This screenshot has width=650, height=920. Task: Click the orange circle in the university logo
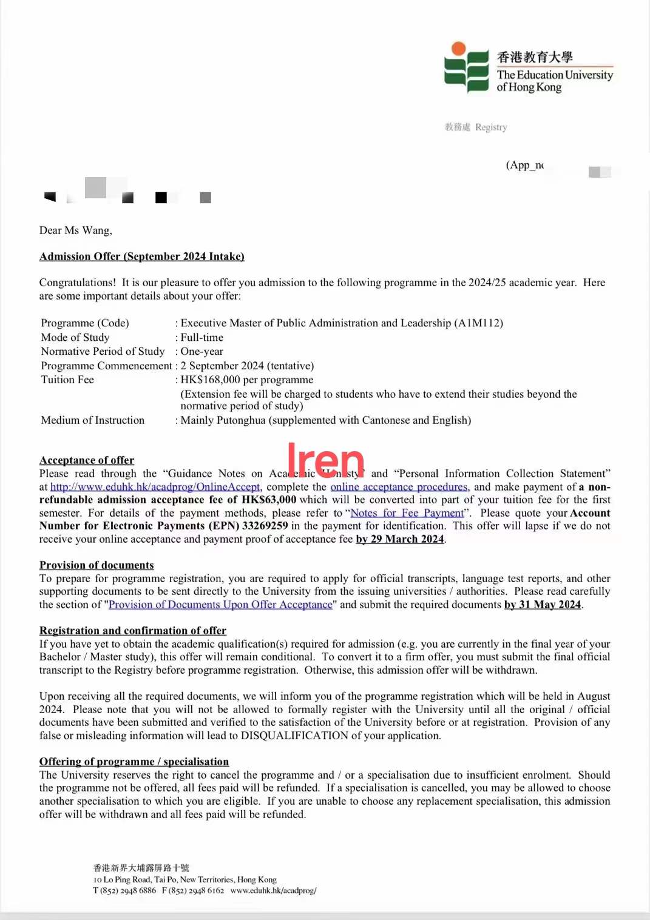pos(459,49)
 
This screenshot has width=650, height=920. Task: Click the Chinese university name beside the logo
pos(535,57)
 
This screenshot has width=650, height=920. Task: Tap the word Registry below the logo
pos(491,127)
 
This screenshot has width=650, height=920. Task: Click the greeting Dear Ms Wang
pos(76,230)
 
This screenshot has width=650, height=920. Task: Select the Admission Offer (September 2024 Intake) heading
pos(141,257)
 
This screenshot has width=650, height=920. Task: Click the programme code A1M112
pos(479,323)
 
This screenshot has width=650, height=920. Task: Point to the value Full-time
pos(202,338)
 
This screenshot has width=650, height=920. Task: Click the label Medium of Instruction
pos(92,420)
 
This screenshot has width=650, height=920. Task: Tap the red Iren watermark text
pos(325,460)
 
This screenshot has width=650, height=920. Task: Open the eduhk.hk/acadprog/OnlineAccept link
pos(155,487)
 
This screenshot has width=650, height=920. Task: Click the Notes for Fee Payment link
pos(407,513)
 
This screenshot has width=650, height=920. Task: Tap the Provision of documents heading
pos(96,565)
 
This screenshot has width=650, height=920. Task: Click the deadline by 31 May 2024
pos(543,605)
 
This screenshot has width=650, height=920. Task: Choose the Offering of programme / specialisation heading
pos(134,762)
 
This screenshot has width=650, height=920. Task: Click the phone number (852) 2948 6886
pos(128,891)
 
